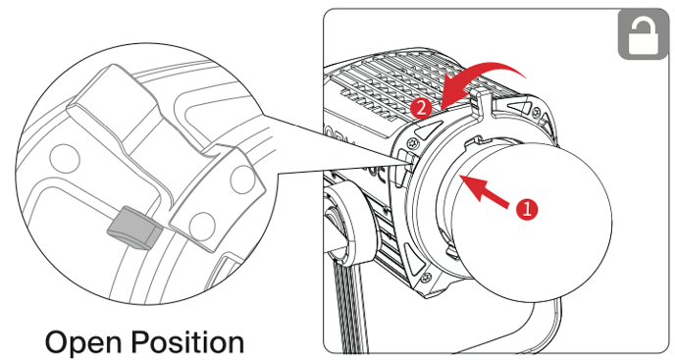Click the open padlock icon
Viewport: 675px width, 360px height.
(644, 35)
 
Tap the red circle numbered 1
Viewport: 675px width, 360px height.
(528, 209)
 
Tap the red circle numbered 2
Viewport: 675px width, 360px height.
(421, 108)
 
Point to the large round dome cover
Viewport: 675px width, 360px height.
(530, 223)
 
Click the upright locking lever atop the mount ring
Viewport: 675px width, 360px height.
(478, 104)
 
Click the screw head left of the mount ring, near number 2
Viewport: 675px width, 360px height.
(415, 141)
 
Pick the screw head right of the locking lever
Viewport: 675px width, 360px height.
(537, 113)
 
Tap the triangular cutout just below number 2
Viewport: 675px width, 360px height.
(429, 129)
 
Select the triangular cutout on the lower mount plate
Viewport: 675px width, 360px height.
(413, 259)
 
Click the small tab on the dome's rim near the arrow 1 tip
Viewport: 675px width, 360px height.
(473, 141)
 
